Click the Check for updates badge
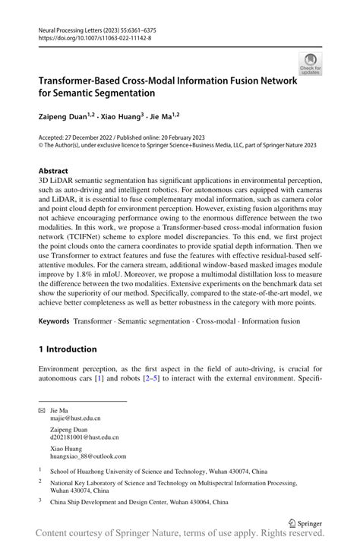click(309, 64)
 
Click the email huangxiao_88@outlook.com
click(89, 456)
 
